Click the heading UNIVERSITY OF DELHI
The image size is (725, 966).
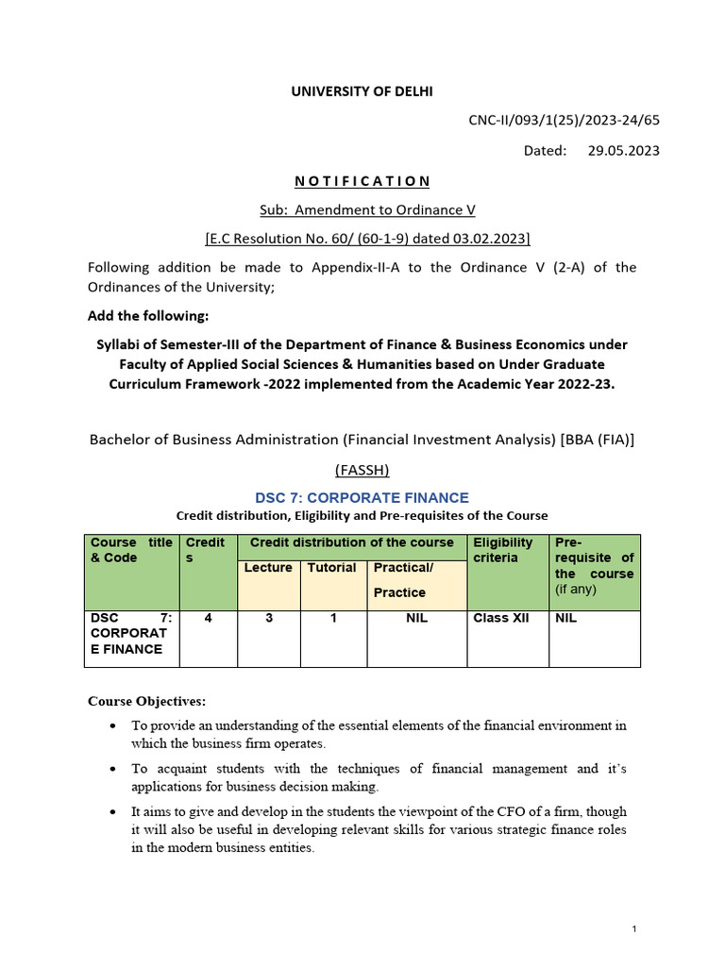[x=362, y=91]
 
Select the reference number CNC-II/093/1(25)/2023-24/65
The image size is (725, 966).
[x=564, y=120]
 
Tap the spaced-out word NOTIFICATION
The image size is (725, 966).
[x=362, y=180]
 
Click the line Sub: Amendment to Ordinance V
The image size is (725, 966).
[x=362, y=209]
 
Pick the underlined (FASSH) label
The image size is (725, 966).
[x=362, y=470]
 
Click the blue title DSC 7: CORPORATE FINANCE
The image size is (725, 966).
[x=362, y=497]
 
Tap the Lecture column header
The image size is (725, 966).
[x=268, y=568]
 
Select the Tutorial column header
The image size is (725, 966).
[x=331, y=568]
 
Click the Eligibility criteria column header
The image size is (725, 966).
[x=503, y=550]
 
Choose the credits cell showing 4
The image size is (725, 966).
[x=208, y=619]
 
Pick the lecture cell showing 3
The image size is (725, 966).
[x=268, y=619]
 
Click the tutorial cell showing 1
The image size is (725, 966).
[x=333, y=619]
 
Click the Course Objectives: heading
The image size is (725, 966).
[x=146, y=701]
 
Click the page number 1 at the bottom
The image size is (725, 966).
[x=634, y=930]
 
